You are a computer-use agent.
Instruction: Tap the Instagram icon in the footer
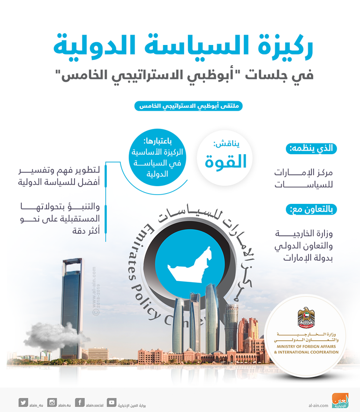coord(52,402)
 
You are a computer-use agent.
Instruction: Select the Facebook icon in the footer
coord(79,402)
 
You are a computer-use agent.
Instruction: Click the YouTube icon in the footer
coord(112,402)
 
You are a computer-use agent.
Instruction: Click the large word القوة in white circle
coord(226,161)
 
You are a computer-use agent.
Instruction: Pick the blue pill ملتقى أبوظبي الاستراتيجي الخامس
coord(188,105)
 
